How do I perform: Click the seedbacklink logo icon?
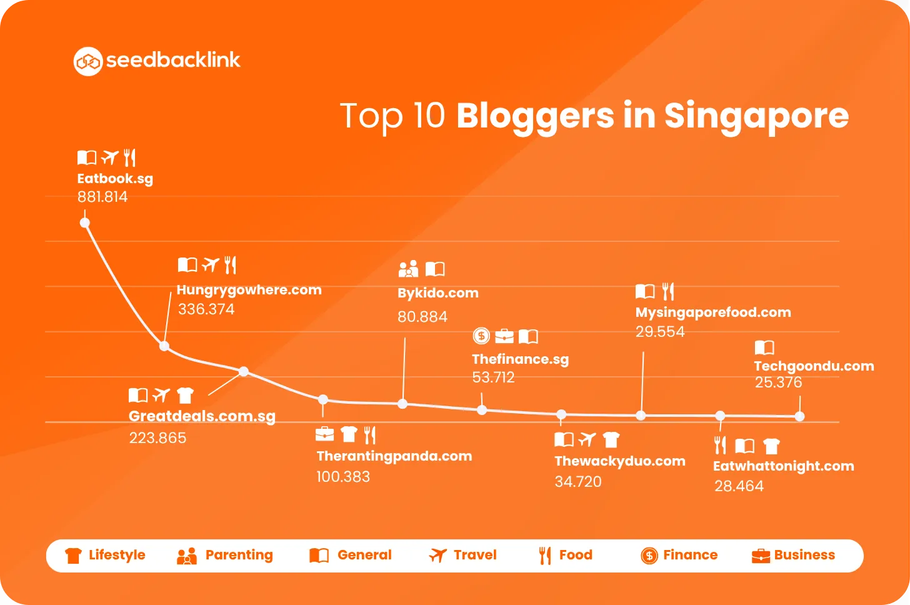tap(87, 61)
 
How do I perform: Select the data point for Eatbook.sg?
tap(84, 222)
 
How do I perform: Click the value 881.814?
tap(102, 197)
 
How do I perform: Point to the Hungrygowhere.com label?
tap(249, 290)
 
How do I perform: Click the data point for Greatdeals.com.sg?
tap(244, 371)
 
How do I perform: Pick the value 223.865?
tap(157, 438)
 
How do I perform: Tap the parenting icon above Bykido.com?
tap(408, 269)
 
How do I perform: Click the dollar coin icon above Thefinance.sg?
tap(481, 336)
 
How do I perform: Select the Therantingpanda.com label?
tap(394, 456)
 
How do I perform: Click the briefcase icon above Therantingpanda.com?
tap(324, 434)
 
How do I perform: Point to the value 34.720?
tap(578, 482)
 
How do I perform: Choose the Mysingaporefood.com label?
tap(713, 312)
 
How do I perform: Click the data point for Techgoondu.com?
tap(799, 416)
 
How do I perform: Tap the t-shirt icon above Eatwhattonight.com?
tap(771, 446)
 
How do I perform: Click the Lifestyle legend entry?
tap(105, 555)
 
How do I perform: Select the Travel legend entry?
tap(462, 555)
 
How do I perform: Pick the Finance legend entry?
tap(679, 556)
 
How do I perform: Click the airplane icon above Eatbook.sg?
tap(110, 157)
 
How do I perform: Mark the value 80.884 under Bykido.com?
tap(422, 317)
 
